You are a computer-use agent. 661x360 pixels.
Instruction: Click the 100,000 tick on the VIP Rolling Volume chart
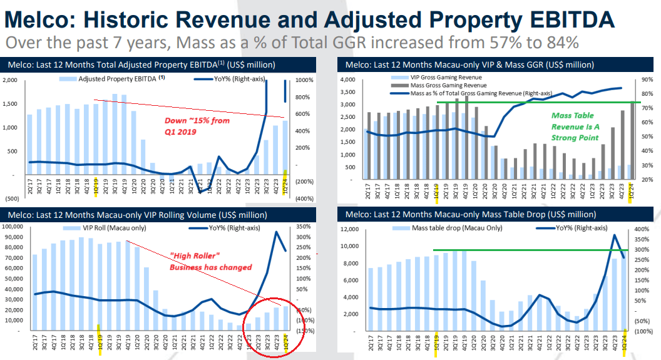click(x=16, y=226)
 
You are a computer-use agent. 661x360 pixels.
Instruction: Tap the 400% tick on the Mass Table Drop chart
click(x=645, y=229)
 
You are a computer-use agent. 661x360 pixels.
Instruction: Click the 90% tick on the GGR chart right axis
click(x=645, y=80)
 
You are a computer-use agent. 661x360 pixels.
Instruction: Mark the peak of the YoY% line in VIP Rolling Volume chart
click(x=276, y=232)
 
